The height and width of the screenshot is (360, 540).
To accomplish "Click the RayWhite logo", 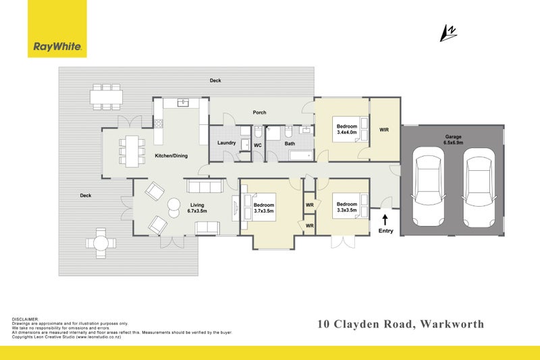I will [57, 47].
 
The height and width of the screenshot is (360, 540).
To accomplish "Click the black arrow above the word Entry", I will [385, 219].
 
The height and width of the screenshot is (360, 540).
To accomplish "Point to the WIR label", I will [384, 130].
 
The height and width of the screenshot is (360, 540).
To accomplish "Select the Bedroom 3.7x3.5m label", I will [264, 208].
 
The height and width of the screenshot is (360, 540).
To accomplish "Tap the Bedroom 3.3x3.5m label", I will [347, 207].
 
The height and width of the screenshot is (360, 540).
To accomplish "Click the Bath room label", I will [290, 143].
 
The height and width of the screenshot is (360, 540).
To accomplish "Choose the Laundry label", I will [226, 143].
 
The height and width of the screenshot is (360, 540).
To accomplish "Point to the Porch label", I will [259, 112].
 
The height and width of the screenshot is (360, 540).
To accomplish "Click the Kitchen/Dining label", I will [171, 156].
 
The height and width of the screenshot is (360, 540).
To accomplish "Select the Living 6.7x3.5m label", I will [196, 207].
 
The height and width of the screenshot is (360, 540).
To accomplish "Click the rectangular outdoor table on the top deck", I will [107, 97].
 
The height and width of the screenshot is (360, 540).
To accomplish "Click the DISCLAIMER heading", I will [26, 319].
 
